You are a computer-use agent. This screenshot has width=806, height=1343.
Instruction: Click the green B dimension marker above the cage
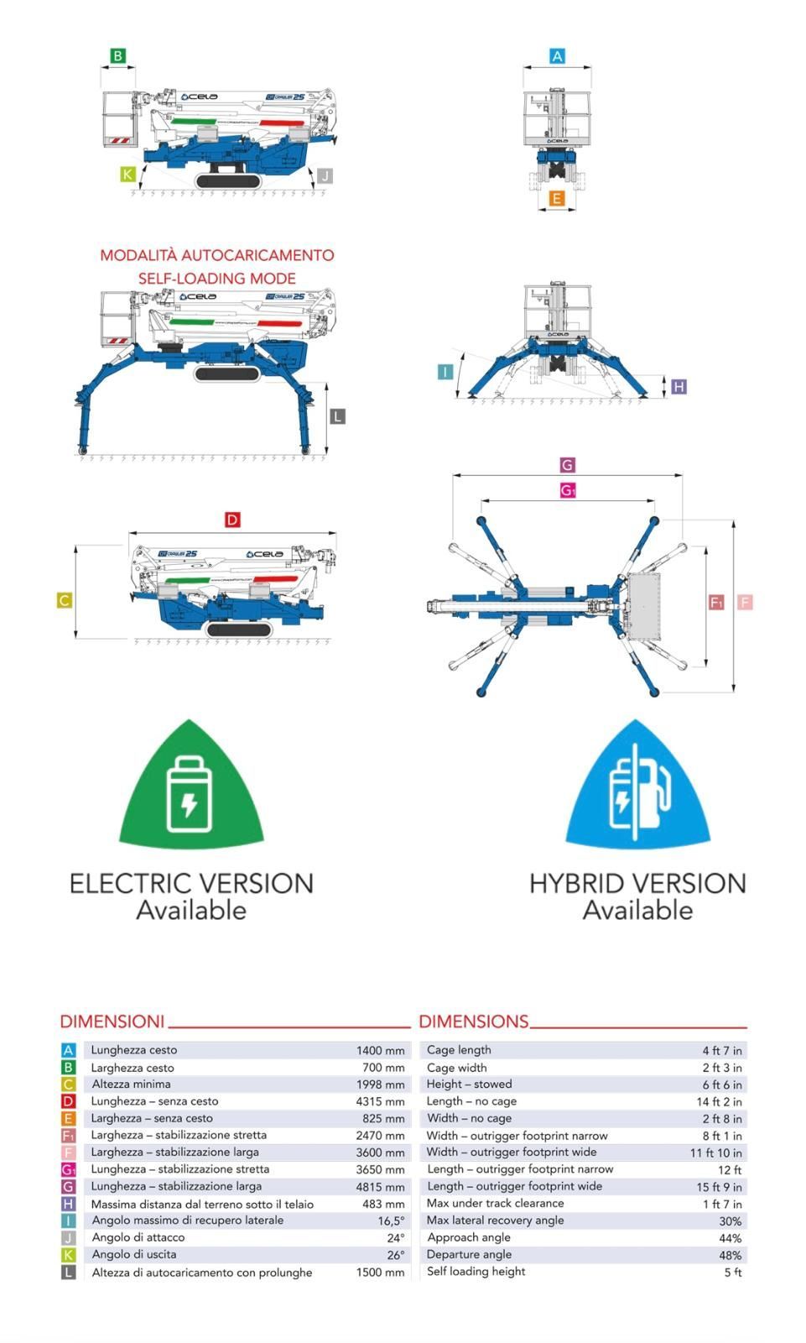click(x=118, y=56)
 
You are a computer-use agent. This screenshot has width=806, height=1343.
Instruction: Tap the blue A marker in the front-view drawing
click(x=557, y=56)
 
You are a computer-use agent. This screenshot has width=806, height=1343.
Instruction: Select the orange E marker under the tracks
click(x=557, y=199)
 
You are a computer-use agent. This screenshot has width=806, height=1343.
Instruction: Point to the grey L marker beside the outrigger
click(x=337, y=416)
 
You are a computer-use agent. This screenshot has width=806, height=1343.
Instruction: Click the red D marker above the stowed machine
click(x=232, y=520)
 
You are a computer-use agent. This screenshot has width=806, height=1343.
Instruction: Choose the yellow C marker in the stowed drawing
click(x=65, y=600)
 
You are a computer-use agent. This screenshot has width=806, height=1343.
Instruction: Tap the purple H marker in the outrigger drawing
click(x=679, y=387)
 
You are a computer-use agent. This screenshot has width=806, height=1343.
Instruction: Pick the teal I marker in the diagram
click(x=445, y=372)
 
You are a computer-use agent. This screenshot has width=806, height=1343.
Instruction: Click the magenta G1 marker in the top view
click(x=568, y=490)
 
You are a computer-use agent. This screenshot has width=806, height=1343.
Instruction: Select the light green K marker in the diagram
click(x=127, y=175)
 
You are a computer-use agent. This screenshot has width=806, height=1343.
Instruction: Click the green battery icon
click(x=190, y=793)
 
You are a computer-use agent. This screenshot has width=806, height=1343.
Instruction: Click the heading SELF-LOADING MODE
click(x=216, y=278)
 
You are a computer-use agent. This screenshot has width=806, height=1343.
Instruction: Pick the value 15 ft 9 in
click(x=719, y=1187)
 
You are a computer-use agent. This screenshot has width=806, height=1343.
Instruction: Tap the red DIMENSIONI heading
click(x=112, y=1022)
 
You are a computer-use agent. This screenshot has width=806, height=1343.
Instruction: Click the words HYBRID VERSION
click(x=637, y=883)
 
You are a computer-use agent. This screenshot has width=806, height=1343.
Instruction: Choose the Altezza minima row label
click(x=131, y=1084)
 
